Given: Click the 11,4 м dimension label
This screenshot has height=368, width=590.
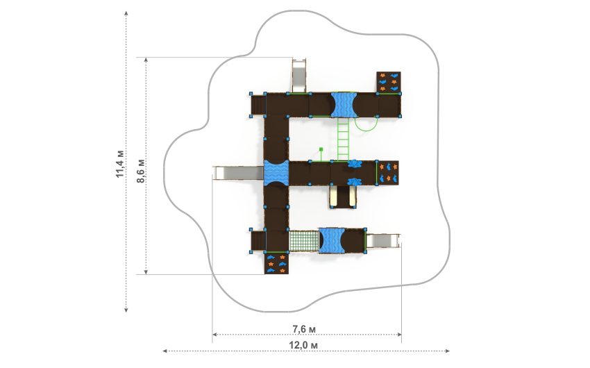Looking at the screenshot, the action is (119, 164).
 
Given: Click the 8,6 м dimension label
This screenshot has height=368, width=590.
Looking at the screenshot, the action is (141, 172).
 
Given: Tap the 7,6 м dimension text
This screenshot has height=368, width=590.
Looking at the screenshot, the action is (304, 329).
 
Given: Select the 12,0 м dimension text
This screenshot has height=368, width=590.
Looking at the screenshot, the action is (303, 345).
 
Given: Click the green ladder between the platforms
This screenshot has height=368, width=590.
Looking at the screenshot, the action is (343, 139).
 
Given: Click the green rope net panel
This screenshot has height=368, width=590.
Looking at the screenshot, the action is (303, 241).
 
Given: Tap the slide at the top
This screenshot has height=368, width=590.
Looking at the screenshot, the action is (299, 75).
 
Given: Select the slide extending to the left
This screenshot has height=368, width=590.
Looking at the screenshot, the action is (239, 173).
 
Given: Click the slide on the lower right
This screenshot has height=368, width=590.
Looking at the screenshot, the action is (383, 241).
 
